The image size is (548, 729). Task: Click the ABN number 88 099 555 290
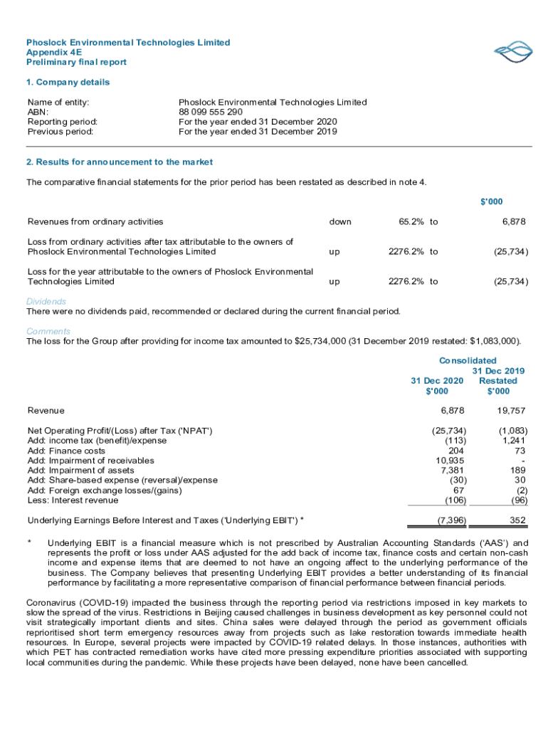click(211, 112)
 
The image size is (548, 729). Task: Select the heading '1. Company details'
click(68, 82)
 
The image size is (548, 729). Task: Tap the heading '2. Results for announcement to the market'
click(120, 162)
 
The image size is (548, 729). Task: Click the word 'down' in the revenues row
click(340, 221)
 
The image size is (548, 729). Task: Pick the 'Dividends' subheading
click(46, 301)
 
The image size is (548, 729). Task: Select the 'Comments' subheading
click(48, 331)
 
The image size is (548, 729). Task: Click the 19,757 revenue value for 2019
click(512, 410)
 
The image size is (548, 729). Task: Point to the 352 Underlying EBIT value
click(518, 520)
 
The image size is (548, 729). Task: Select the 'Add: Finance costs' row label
click(66, 450)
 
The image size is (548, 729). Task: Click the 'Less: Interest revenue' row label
click(72, 500)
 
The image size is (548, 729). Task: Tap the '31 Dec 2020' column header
click(437, 380)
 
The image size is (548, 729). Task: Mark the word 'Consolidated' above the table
click(468, 360)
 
